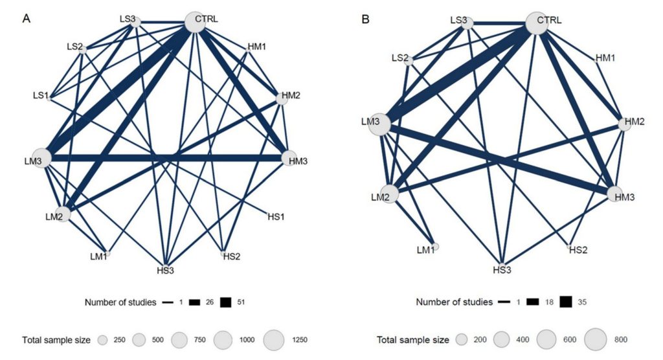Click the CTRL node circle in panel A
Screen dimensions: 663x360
[x=196, y=22]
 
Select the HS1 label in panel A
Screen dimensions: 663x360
[x=276, y=217]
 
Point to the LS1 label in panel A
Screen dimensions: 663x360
[x=41, y=96]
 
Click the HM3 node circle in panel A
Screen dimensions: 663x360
[x=289, y=158]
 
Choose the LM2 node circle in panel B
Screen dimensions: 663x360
[x=390, y=194]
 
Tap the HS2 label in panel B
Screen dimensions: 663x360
[x=578, y=250]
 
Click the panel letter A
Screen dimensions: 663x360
[x=26, y=19]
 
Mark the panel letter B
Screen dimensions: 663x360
[x=366, y=19]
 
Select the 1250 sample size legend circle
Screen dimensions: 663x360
[x=274, y=340]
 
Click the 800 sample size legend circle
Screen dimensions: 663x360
[x=596, y=339]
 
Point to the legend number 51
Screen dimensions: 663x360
[x=241, y=302]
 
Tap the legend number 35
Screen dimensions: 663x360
[x=582, y=302]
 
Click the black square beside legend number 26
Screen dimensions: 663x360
[x=194, y=302]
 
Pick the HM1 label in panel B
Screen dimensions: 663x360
[x=605, y=58]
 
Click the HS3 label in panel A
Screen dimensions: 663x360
[x=165, y=270]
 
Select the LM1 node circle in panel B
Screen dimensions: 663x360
[x=436, y=247]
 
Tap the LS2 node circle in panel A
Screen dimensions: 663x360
[x=84, y=50]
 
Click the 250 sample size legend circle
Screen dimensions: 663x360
[x=102, y=340]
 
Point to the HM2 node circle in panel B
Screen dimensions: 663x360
[x=625, y=124]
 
